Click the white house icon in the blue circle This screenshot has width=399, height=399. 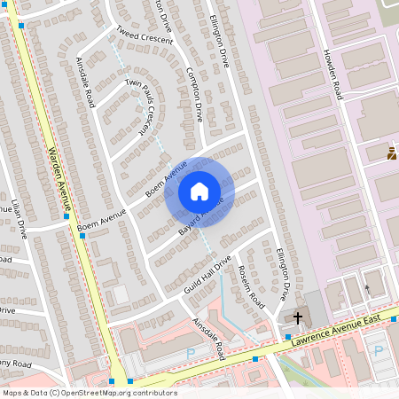199,191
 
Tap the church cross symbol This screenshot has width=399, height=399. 298,317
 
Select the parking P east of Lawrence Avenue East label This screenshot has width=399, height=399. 379,350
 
